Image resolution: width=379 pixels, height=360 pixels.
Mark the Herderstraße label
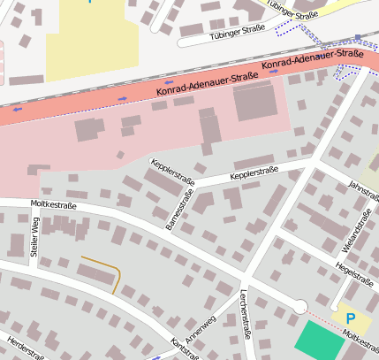[25, 348]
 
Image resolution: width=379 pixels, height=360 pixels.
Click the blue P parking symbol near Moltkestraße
[350, 318]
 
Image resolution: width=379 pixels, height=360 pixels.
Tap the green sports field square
[320, 341]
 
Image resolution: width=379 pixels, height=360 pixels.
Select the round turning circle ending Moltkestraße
[300, 307]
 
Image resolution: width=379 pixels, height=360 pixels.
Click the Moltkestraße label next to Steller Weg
[53, 205]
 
